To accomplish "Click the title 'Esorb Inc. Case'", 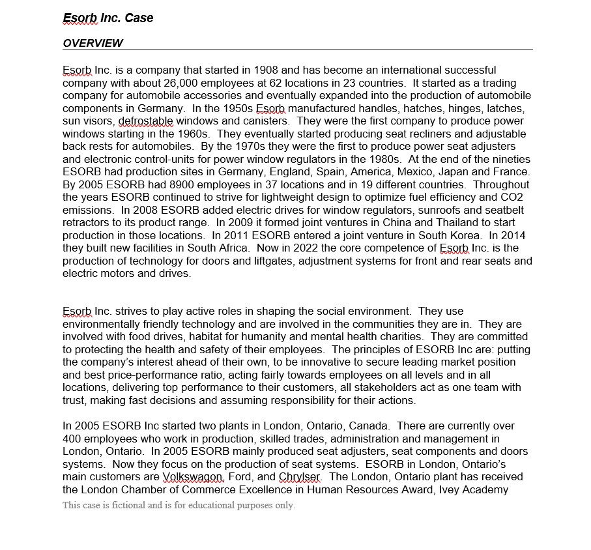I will click(x=108, y=18).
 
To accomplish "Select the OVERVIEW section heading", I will click(x=93, y=44).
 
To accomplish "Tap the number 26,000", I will click(x=189, y=83).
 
